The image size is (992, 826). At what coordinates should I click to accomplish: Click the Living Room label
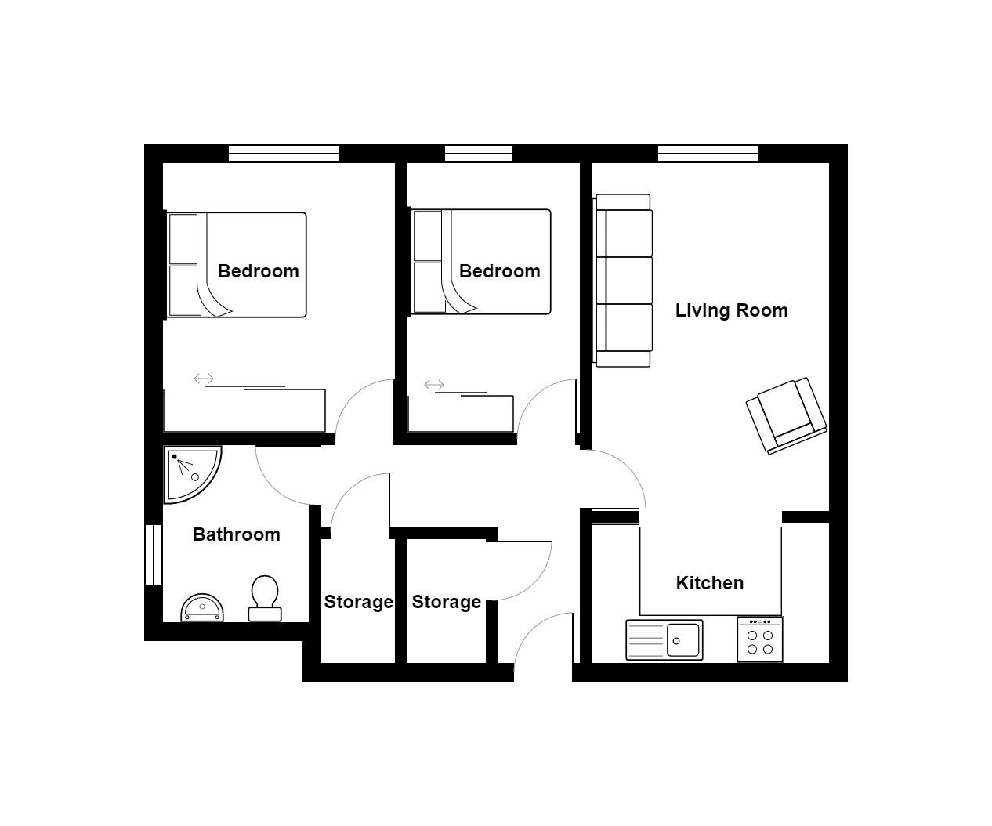[x=731, y=310]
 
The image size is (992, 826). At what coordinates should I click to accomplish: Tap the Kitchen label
[x=709, y=583]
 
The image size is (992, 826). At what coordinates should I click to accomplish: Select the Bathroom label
[x=236, y=534]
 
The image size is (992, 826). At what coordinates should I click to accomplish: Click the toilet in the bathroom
[x=265, y=599]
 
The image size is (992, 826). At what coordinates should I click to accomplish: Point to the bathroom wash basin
[x=202, y=608]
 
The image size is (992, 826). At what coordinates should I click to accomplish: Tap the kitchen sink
[x=664, y=639]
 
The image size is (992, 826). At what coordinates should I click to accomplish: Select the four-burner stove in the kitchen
[x=759, y=639]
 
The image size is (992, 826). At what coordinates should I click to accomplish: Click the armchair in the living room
[x=786, y=416]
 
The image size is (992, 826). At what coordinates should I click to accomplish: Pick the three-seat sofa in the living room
[x=624, y=281]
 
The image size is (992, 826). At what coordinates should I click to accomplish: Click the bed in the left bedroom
[x=237, y=265]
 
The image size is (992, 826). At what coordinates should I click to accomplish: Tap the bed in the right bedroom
[x=481, y=262]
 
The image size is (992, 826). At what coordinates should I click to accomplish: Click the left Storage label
[x=358, y=602]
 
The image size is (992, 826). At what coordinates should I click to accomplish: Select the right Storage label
[x=446, y=602]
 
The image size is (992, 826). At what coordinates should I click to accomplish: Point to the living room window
[x=708, y=154]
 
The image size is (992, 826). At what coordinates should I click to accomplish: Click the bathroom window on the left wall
[x=154, y=555]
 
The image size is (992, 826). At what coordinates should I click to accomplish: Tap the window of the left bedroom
[x=283, y=154]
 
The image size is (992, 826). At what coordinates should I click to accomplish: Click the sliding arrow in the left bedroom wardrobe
[x=204, y=379]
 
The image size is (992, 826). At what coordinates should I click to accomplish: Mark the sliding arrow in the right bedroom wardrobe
[x=434, y=385]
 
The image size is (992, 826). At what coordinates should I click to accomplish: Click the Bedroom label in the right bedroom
[x=499, y=271]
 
